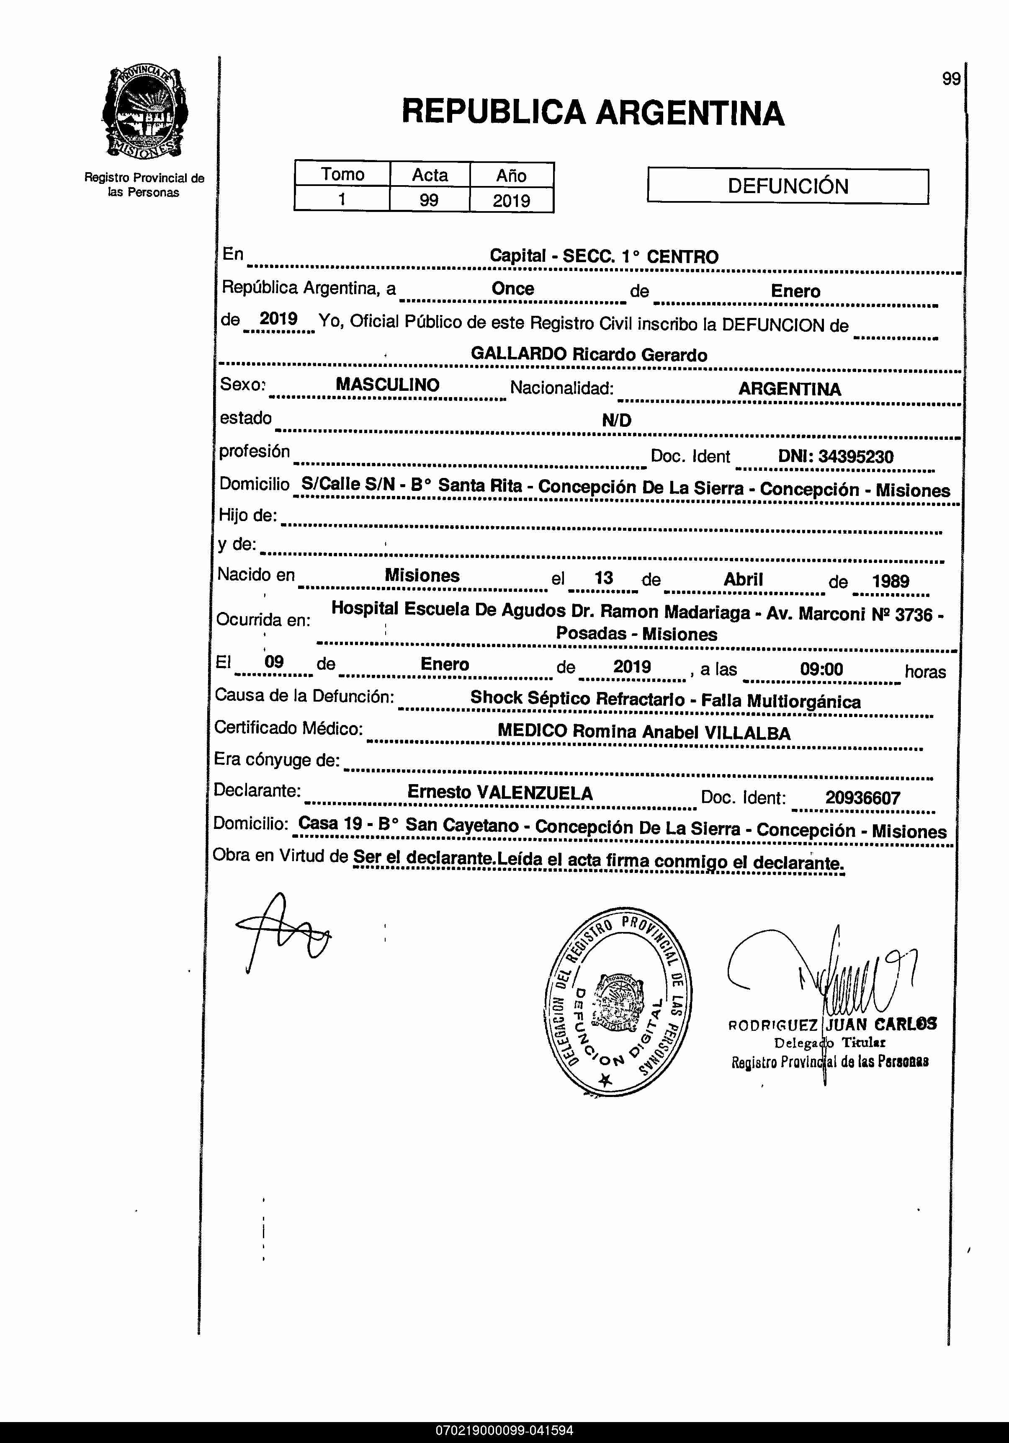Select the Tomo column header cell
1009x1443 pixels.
[x=342, y=174]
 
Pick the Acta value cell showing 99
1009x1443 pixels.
[x=429, y=201]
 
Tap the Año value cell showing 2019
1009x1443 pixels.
[x=512, y=201]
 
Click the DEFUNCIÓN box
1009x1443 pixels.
[x=788, y=186]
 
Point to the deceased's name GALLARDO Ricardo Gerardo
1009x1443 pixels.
[x=589, y=354]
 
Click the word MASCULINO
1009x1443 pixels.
[x=388, y=385]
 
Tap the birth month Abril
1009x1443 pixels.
[x=743, y=579]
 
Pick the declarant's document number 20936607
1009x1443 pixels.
[x=862, y=798]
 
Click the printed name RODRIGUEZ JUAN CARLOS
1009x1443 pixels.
[x=832, y=1025]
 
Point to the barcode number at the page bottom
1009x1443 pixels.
[x=504, y=1430]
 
